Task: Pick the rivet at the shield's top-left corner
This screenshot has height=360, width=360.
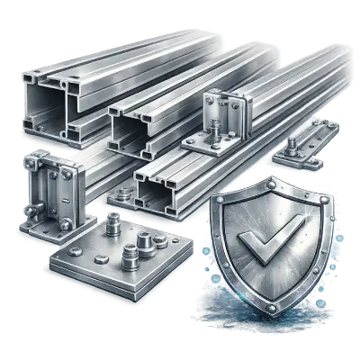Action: click(x=219, y=203)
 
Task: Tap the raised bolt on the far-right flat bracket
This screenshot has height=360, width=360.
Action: click(x=295, y=145)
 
